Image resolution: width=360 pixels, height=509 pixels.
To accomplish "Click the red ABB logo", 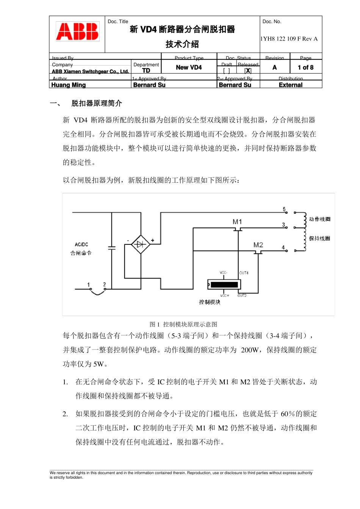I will [77, 31].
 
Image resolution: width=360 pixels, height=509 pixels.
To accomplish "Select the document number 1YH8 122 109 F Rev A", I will [289, 39].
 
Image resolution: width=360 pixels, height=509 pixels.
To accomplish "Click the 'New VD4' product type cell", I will [189, 67].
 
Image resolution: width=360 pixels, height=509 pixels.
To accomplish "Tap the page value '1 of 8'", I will [305, 67].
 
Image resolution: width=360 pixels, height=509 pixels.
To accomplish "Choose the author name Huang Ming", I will [69, 85].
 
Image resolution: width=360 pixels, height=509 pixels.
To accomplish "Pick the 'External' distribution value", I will [291, 85].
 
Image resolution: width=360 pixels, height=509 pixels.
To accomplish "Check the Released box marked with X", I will [248, 70].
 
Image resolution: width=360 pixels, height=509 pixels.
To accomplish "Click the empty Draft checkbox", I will [226, 70].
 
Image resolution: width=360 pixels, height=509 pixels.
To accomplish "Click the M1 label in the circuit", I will [237, 222].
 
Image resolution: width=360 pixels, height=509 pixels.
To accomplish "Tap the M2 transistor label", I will [258, 245].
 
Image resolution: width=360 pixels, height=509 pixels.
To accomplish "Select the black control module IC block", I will [224, 284].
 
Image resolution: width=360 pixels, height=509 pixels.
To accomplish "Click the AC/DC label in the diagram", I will [81, 244].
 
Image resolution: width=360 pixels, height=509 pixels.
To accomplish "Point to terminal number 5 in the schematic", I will [284, 209].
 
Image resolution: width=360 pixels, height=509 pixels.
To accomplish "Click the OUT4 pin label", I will [244, 273].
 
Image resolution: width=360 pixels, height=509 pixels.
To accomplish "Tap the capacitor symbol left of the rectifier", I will [112, 248].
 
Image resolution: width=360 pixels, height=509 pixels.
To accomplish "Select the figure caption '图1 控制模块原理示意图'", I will [183, 324].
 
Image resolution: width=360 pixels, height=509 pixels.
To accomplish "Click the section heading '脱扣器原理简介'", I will [97, 103].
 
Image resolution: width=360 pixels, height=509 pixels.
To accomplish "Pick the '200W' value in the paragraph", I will [250, 350].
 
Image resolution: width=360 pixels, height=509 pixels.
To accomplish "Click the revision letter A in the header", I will [275, 67].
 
